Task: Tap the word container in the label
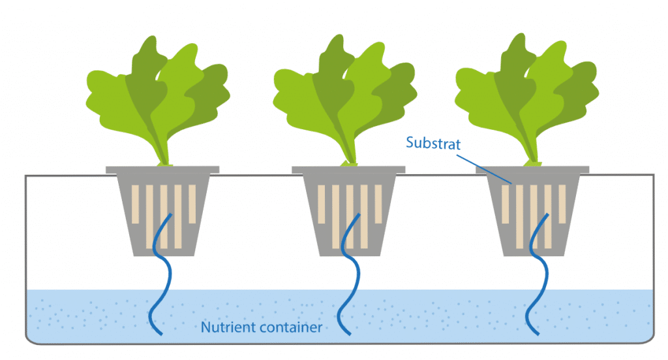(x=292, y=327)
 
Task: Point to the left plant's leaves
(x=157, y=98)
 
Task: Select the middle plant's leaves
(x=342, y=98)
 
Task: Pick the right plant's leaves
(x=525, y=98)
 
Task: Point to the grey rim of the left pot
(x=162, y=170)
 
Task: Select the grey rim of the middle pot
(x=348, y=170)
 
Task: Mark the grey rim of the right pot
(x=533, y=170)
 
